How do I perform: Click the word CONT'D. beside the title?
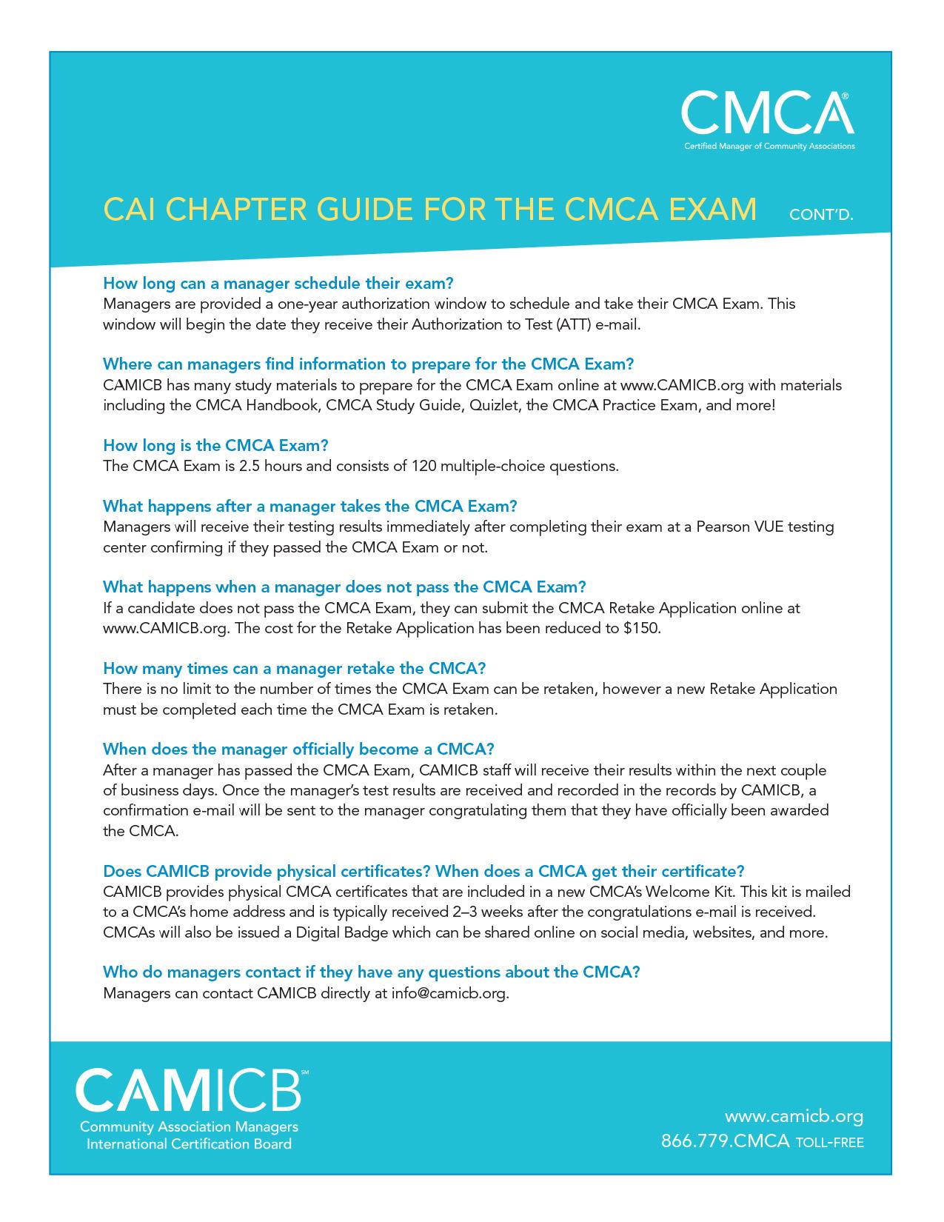coord(821,216)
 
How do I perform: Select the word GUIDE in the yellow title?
coord(363,210)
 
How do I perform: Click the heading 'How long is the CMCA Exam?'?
coord(215,445)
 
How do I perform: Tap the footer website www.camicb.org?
coord(794,1116)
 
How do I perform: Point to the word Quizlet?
coord(489,406)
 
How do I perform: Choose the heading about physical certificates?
coord(424,870)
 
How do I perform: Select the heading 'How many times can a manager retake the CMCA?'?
coord(294,668)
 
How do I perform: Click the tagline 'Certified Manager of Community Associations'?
coord(769,147)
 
